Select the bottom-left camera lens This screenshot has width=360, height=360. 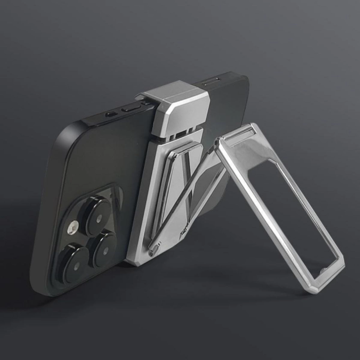75,262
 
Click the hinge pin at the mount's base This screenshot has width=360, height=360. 153,251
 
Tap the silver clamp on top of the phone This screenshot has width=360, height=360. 177,104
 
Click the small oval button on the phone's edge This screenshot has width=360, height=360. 110,115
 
